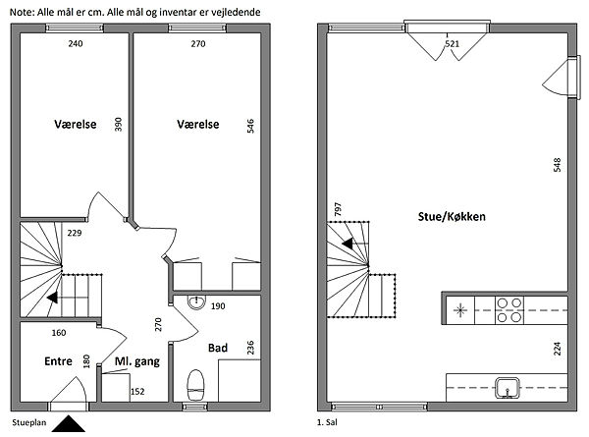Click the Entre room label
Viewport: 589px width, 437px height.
[58, 361]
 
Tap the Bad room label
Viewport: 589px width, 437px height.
[218, 348]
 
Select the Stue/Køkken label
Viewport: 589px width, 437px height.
[452, 216]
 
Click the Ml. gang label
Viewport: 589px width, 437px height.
[137, 361]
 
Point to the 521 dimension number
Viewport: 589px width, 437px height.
[453, 43]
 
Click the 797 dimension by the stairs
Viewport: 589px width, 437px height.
[338, 209]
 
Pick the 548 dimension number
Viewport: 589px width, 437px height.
[557, 165]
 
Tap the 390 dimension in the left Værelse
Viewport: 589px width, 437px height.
[119, 125]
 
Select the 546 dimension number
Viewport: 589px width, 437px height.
[250, 126]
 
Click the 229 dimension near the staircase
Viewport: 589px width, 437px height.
[75, 233]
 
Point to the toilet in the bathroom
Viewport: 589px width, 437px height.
[195, 385]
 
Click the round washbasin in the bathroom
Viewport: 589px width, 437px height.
[196, 301]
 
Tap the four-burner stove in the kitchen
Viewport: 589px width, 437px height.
[509, 310]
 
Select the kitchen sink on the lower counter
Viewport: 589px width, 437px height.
[508, 388]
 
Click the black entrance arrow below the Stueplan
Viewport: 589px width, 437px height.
[68, 423]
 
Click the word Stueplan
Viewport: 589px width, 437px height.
[29, 422]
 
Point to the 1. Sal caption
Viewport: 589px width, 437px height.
[327, 422]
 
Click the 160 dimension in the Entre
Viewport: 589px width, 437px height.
[59, 333]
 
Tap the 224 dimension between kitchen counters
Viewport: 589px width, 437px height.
[558, 349]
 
